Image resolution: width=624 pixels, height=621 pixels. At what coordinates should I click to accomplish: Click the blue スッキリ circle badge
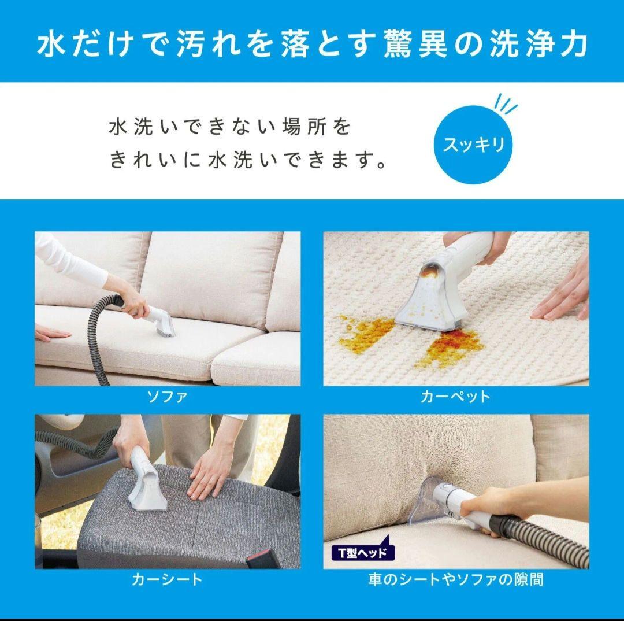click(474, 144)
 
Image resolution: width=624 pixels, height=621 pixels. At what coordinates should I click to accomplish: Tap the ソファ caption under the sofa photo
click(167, 397)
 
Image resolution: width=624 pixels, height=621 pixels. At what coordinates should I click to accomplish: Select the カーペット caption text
click(455, 397)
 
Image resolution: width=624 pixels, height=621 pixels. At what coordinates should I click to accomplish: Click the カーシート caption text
click(167, 579)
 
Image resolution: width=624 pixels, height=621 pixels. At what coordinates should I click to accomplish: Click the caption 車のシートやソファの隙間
click(455, 579)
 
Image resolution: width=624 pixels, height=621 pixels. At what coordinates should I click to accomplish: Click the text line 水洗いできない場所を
click(230, 127)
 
